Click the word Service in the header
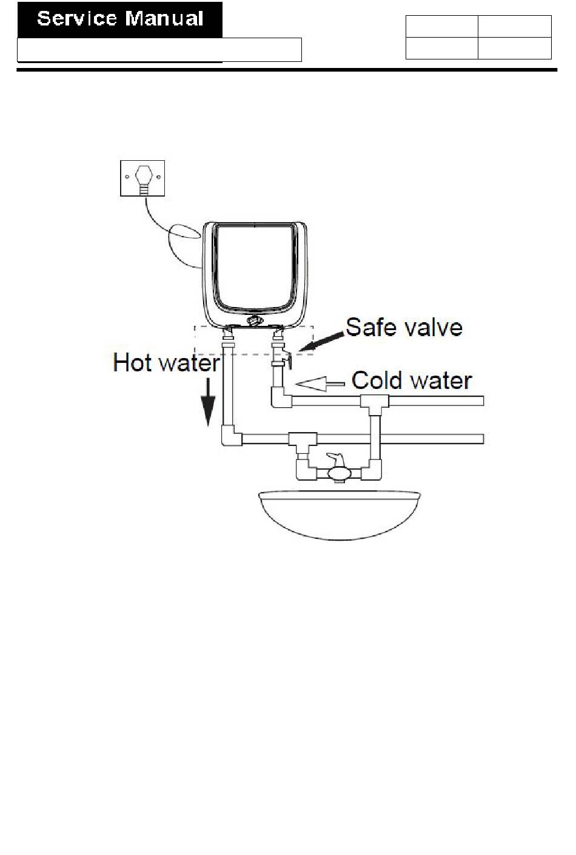click(76, 19)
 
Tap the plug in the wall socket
click(143, 178)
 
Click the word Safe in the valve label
click(370, 328)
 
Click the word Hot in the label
click(133, 363)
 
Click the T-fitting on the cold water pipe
click(370, 401)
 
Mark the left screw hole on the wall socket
click(127, 178)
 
